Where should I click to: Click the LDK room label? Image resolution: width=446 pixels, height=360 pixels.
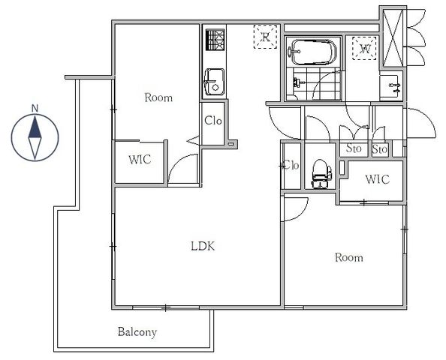click(203, 246)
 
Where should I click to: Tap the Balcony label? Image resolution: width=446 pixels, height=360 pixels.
click(137, 331)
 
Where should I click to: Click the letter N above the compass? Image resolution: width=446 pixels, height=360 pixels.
click(35, 108)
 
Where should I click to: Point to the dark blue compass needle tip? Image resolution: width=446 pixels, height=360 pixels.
click(35, 116)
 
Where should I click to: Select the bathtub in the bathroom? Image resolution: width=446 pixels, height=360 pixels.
click(314, 52)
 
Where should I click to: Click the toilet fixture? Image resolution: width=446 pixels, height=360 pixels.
click(321, 173)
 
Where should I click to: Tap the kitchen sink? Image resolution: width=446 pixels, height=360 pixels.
click(214, 82)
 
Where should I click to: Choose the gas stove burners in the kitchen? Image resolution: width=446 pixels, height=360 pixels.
click(215, 40)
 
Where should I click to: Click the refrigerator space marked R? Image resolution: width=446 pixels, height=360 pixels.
click(265, 37)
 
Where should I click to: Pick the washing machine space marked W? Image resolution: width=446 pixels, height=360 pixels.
click(364, 48)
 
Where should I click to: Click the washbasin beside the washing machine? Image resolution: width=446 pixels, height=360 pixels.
click(391, 86)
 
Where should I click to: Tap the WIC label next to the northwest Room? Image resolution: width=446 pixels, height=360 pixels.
click(140, 160)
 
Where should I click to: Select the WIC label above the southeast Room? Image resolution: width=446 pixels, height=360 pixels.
click(377, 179)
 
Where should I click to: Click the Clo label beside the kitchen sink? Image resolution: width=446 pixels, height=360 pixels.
click(213, 121)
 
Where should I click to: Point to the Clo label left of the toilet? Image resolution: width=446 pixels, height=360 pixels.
click(291, 165)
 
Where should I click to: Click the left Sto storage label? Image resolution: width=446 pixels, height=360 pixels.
click(354, 148)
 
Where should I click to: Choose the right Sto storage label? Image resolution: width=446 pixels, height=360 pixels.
click(380, 148)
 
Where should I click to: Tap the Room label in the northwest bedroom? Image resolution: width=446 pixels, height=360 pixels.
click(158, 97)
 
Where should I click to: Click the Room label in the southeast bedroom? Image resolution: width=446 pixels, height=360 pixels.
click(348, 257)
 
